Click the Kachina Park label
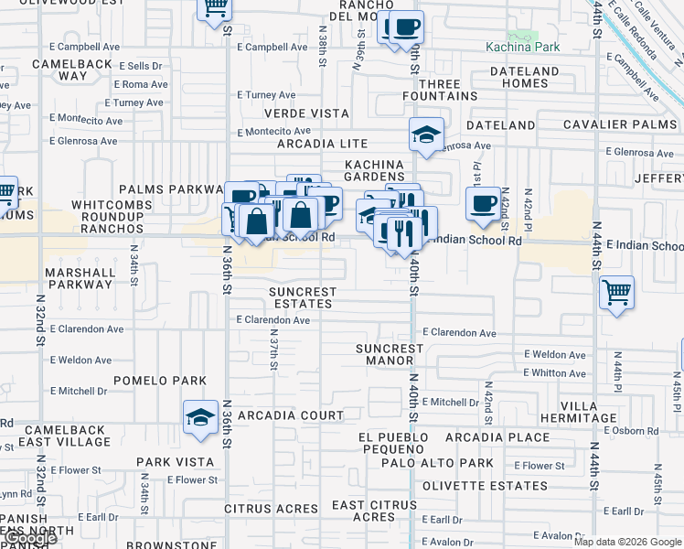pos(521,46)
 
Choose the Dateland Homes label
pos(524,77)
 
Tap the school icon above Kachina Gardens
pos(425,134)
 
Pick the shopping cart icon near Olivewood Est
pos(215,8)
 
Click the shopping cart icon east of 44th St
pos(617,293)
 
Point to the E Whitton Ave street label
pos(555,372)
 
